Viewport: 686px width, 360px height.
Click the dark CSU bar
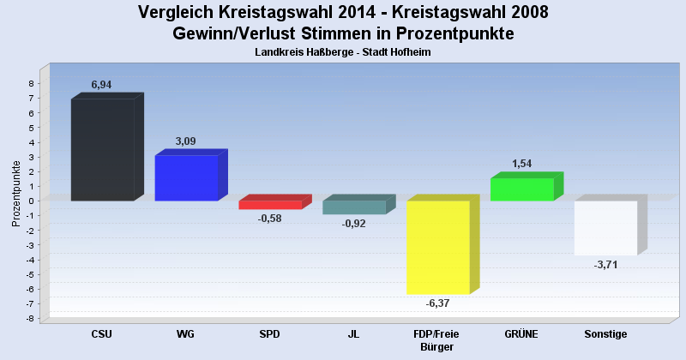tap(102, 150)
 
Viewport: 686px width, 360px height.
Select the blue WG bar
tap(186, 178)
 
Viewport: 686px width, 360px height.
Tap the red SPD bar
tap(270, 205)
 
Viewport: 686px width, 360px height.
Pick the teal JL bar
tap(354, 207)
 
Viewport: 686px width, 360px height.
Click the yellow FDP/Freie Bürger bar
tap(437, 248)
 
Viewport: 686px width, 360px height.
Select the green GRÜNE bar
tap(521, 189)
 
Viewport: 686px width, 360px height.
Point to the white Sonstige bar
tap(605, 228)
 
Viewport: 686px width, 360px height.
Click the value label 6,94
tap(102, 85)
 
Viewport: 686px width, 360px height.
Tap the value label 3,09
tap(186, 141)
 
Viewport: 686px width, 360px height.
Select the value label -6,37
tap(437, 303)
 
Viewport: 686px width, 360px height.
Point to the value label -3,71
tap(605, 265)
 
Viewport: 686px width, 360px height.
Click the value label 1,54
tap(521, 164)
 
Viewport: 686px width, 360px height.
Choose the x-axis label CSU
tap(102, 334)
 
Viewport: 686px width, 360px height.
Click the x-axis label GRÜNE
tap(521, 334)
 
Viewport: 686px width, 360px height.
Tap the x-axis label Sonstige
tap(605, 334)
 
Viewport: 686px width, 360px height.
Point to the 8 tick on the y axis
tap(31, 84)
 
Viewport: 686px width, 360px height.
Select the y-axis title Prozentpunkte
tap(16, 193)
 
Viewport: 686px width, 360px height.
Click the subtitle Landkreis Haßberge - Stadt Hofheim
tap(343, 52)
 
